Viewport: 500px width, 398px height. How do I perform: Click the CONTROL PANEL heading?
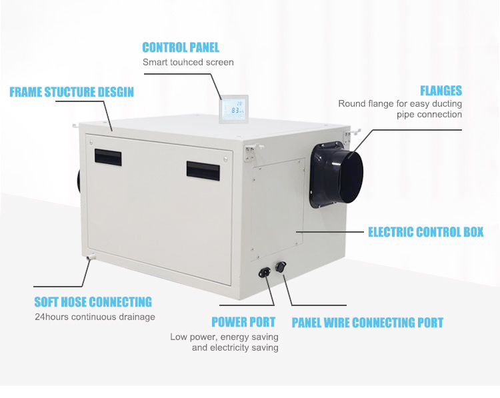point(181,47)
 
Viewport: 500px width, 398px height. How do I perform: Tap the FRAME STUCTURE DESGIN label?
point(71,92)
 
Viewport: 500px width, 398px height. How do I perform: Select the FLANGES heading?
point(441,91)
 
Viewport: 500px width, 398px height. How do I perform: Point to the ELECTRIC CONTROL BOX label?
point(425,232)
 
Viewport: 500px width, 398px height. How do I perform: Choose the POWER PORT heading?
point(243,323)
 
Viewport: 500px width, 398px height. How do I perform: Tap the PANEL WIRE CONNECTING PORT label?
point(367,323)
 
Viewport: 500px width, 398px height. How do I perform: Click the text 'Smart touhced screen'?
point(188,62)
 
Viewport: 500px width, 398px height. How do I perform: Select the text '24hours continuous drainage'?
point(95,317)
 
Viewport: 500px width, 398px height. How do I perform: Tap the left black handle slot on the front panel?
point(107,156)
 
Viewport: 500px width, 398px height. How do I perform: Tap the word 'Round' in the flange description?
point(351,104)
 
